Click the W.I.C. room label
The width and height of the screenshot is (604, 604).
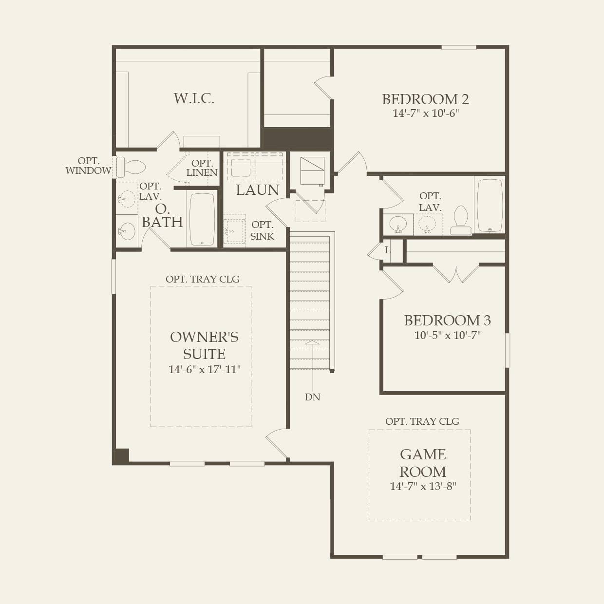(x=194, y=98)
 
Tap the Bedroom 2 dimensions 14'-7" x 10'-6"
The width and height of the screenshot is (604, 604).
(x=426, y=113)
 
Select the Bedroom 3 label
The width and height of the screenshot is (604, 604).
(x=447, y=321)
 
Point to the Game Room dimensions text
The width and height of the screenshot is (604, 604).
(x=423, y=486)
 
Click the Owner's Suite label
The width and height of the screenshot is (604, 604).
(x=204, y=345)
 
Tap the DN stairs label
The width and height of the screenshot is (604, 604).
(x=312, y=397)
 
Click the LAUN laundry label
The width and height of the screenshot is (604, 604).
(x=257, y=190)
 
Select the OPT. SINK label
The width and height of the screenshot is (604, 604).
(x=262, y=230)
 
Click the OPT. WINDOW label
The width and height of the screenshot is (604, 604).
(x=88, y=166)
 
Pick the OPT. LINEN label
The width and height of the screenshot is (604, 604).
(x=202, y=168)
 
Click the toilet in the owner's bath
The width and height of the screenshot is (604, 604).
(x=132, y=167)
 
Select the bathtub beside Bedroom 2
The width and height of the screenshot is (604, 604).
(x=490, y=206)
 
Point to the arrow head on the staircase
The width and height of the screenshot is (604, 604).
(x=312, y=342)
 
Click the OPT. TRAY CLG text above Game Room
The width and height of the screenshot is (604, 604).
(x=422, y=421)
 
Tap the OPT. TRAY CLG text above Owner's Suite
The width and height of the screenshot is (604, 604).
(x=202, y=279)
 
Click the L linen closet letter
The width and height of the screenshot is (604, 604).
(x=388, y=250)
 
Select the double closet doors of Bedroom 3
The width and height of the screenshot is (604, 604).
(x=456, y=274)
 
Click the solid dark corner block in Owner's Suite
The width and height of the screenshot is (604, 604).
(x=121, y=456)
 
